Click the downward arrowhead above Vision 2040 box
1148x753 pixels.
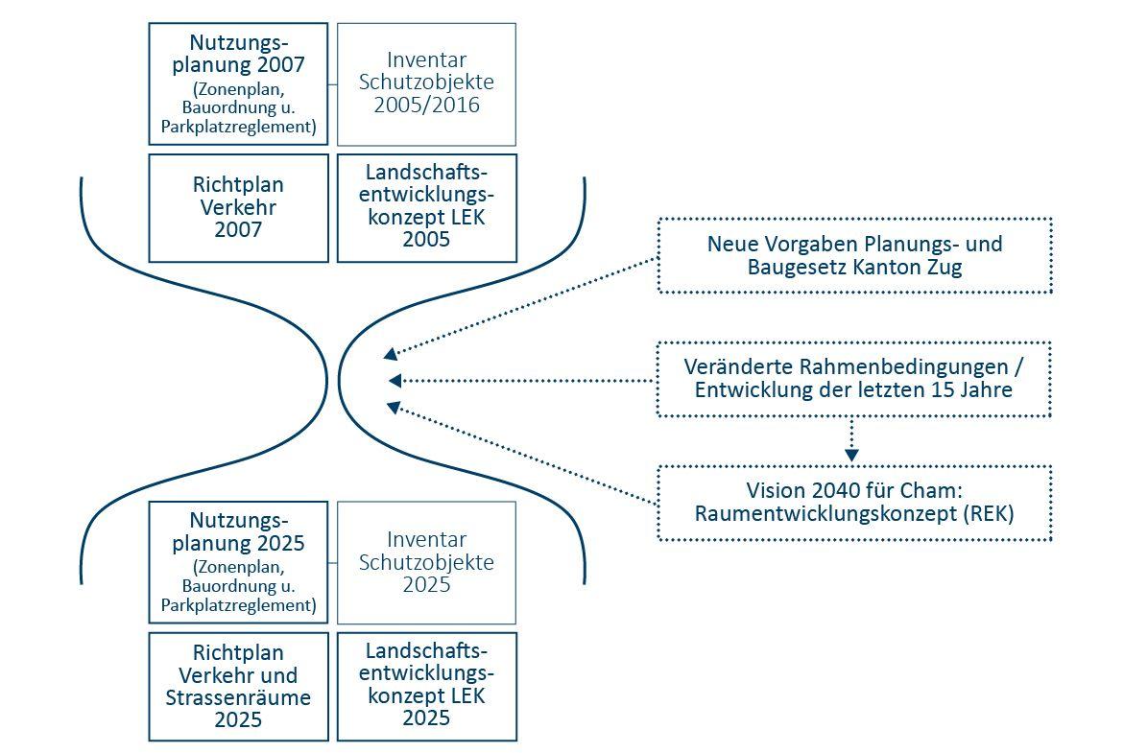coord(850,456)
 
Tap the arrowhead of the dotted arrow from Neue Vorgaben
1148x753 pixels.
coord(391,354)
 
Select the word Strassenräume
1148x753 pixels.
coord(238,697)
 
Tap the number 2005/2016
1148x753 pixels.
coord(426,105)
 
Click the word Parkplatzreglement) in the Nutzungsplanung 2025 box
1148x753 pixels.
coord(238,605)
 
